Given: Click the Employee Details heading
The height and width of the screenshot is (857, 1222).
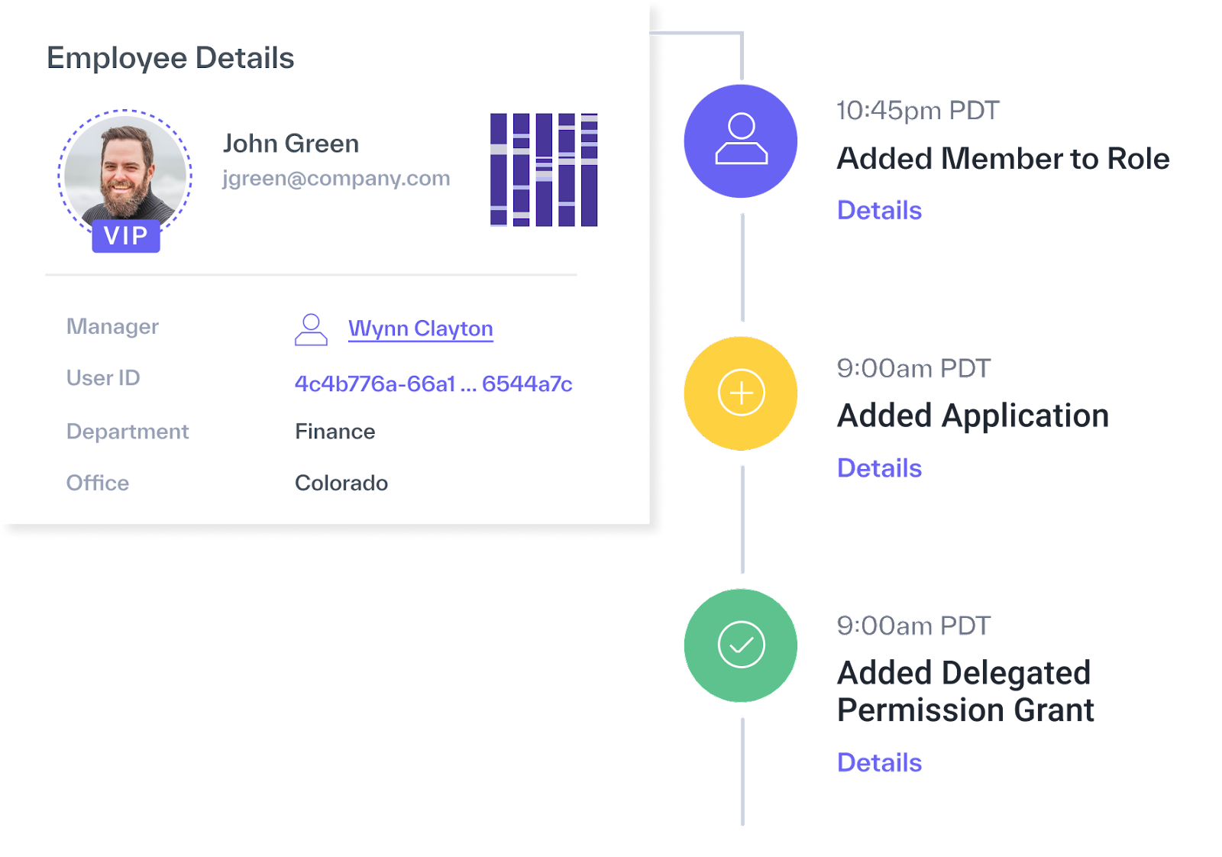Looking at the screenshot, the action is click(170, 58).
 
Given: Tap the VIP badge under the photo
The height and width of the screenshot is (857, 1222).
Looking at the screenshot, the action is click(126, 236).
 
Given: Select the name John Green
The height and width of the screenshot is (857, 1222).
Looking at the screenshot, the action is click(291, 144).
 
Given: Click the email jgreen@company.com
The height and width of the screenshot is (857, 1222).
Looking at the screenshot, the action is click(336, 179).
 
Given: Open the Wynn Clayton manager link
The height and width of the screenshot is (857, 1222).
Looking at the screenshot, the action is click(421, 328).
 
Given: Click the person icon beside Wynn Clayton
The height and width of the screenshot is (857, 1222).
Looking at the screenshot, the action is click(311, 329).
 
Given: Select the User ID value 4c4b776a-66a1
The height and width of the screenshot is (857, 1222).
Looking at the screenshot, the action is click(375, 384).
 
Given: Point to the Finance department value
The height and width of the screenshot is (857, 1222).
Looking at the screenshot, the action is click(335, 432).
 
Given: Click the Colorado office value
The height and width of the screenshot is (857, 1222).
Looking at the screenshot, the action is click(341, 483).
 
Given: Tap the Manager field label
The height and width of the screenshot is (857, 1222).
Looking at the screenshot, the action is click(112, 326).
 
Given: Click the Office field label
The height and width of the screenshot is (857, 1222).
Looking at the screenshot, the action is click(98, 483).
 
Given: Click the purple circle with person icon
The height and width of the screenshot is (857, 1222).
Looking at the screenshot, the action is click(740, 141).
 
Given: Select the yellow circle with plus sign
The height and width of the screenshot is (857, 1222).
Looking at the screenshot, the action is click(740, 393).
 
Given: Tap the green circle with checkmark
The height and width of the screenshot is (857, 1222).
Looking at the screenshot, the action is click(740, 645).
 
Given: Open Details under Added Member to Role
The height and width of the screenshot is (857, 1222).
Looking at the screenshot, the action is click(879, 211).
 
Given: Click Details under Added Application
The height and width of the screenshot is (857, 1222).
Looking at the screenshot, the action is click(879, 468).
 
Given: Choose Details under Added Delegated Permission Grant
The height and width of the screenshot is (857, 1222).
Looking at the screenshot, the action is click(879, 762).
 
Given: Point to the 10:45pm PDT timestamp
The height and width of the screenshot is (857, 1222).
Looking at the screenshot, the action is click(918, 110).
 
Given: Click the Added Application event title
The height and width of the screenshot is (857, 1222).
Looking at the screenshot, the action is click(973, 416).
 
